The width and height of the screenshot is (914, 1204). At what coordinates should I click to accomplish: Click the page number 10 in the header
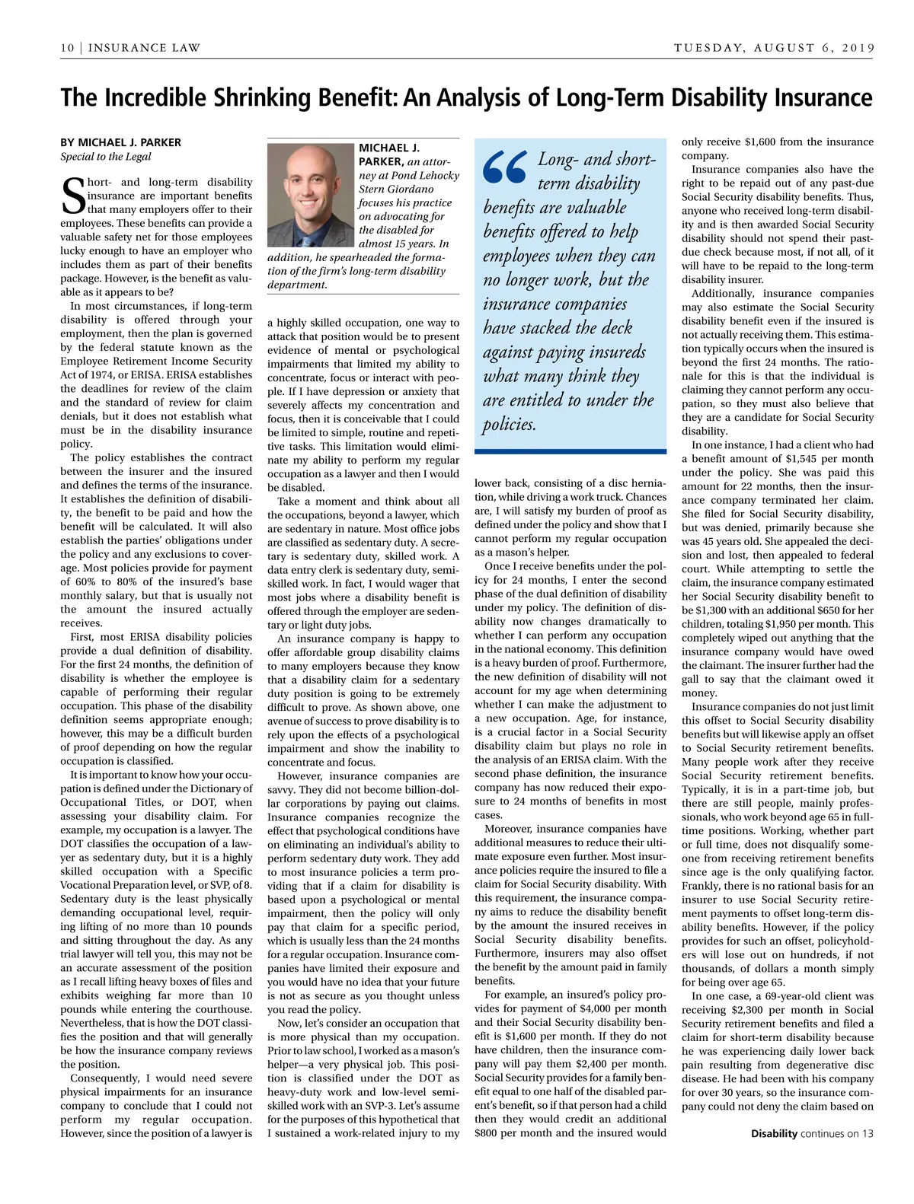67,48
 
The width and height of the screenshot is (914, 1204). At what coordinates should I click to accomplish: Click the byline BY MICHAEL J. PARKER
120,142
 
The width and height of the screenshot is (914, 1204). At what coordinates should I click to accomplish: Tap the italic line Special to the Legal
106,157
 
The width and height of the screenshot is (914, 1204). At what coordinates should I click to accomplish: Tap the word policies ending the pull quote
509,424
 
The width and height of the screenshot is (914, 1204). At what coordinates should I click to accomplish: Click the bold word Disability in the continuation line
774,1133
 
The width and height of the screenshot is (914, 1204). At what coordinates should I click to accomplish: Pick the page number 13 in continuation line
868,1133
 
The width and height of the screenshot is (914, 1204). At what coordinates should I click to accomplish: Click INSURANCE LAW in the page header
144,48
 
